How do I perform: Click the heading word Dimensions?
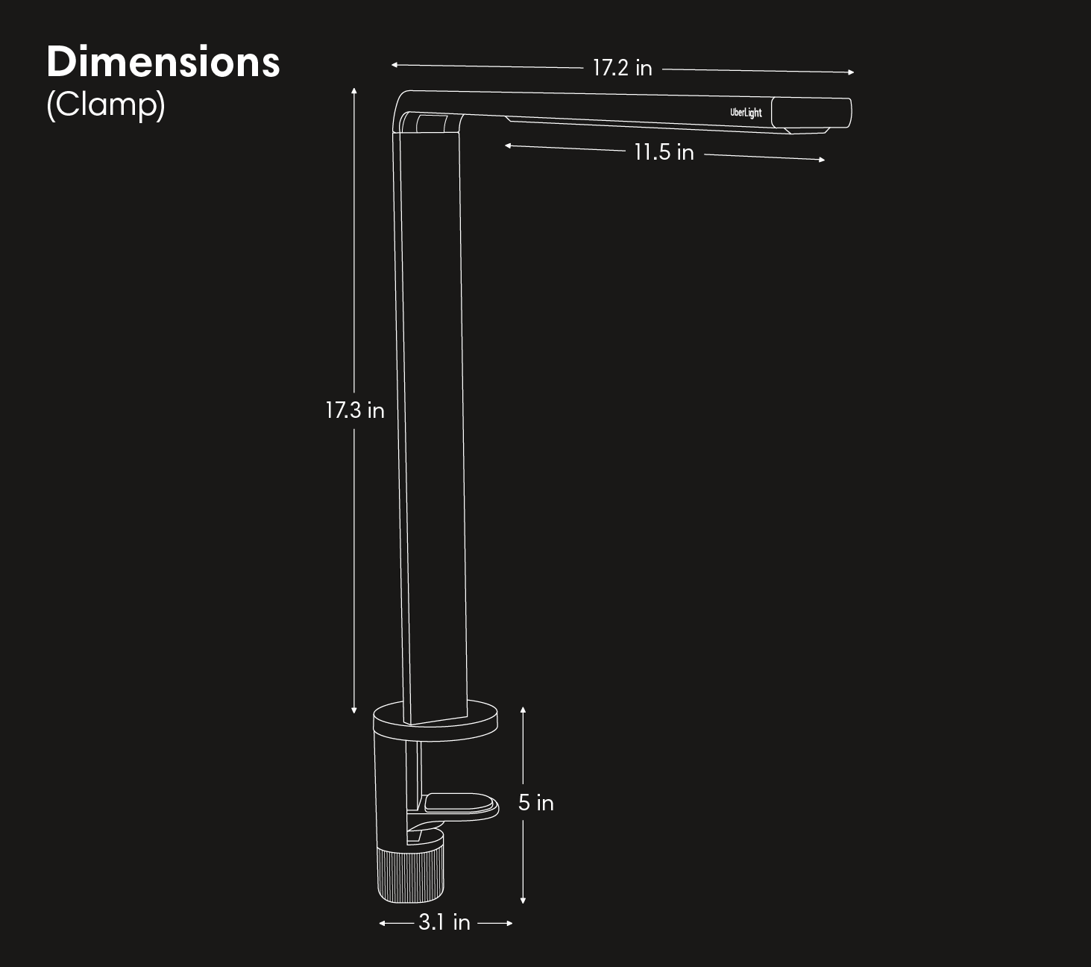coord(163,62)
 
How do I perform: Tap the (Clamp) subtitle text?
coord(105,104)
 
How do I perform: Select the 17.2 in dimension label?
coord(622,68)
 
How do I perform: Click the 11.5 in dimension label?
coord(664,152)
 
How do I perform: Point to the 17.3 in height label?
coord(354,410)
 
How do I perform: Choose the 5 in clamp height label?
coord(535,803)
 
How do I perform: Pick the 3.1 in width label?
coord(444,923)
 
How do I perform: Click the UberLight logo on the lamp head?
coord(746,113)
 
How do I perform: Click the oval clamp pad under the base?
coord(460,806)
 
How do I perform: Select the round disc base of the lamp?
coord(436,721)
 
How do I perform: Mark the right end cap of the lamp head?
coord(811,113)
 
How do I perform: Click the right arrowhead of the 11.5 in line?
coord(822,160)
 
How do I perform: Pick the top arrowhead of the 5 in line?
coord(524,710)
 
